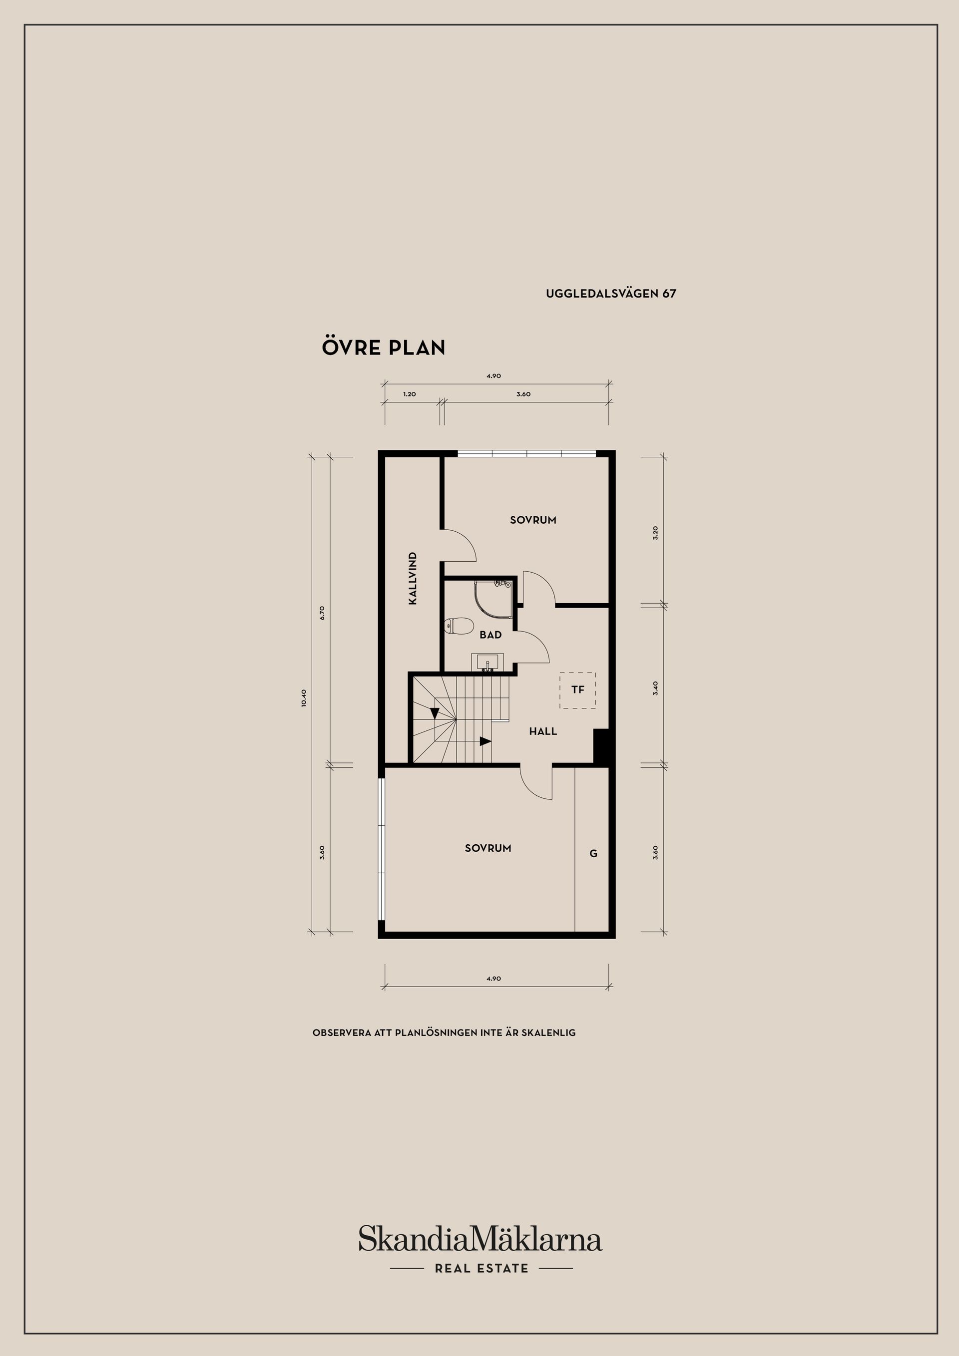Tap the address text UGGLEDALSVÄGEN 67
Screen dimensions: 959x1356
click(611, 294)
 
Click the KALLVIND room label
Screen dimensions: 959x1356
click(413, 578)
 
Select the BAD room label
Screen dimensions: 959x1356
click(490, 635)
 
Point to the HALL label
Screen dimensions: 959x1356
click(543, 731)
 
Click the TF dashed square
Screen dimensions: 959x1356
click(578, 690)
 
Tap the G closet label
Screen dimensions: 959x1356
click(593, 853)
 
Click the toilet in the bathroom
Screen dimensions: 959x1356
click(459, 626)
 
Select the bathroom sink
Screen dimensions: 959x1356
click(487, 662)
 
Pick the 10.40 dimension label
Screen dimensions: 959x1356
click(304, 698)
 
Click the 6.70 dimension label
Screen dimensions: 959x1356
click(322, 613)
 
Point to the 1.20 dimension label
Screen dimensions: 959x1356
click(410, 394)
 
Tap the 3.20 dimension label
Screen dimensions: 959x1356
click(655, 533)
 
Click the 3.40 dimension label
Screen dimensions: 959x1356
click(655, 688)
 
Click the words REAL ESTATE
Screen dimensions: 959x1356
click(481, 1268)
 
